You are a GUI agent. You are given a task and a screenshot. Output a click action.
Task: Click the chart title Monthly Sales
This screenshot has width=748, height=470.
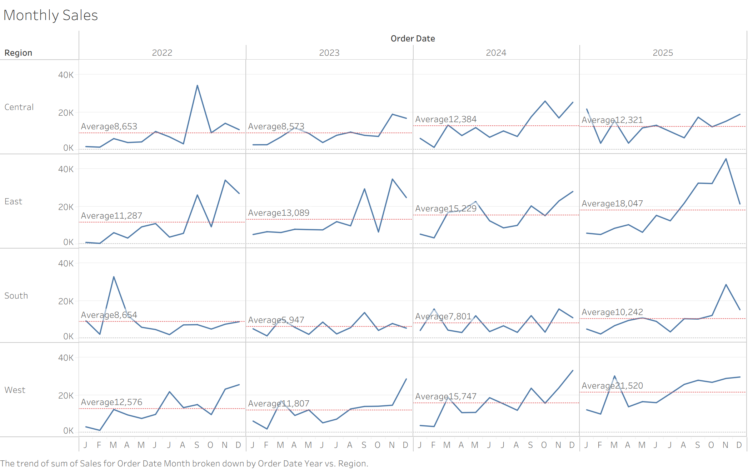tap(50, 15)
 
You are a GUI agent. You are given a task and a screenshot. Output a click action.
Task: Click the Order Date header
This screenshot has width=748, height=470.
tap(413, 39)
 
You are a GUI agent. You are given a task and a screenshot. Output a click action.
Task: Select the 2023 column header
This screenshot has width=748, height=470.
tap(329, 53)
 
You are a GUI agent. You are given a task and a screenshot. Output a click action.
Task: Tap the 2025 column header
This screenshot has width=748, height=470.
tap(663, 53)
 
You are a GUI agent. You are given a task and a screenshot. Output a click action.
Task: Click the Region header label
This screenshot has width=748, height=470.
tap(18, 53)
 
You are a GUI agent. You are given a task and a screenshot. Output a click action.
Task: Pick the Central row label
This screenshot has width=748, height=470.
tap(19, 107)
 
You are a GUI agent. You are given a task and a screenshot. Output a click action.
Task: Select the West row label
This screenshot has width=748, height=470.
tap(15, 390)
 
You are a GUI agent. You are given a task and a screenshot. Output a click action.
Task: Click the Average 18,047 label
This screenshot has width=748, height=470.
tap(612, 204)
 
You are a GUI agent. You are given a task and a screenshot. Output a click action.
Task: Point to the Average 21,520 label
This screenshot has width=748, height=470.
tap(612, 386)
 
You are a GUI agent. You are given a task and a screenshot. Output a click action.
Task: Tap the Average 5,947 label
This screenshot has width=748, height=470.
tap(276, 320)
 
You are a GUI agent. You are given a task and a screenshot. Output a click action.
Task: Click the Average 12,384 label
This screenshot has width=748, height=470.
tap(446, 119)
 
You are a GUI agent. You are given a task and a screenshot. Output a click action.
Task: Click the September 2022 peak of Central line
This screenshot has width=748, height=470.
tap(197, 86)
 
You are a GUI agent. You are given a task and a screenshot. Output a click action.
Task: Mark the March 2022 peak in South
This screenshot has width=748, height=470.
tap(114, 277)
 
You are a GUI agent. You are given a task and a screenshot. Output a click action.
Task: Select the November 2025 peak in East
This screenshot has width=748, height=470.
tap(726, 159)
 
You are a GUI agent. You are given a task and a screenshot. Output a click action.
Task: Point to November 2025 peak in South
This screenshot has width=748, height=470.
tap(726, 285)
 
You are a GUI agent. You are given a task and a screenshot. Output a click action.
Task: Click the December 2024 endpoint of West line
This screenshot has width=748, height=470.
tap(573, 371)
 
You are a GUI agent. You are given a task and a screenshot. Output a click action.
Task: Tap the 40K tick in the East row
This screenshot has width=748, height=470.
tap(66, 169)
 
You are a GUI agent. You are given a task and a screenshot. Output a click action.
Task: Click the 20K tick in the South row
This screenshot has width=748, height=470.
tap(66, 301)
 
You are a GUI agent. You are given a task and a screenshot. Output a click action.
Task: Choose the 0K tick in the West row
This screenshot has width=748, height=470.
tap(68, 431)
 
